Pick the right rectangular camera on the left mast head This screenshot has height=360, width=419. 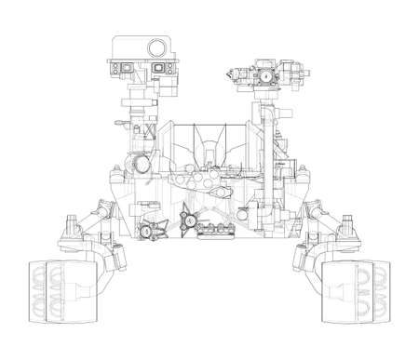(156, 68)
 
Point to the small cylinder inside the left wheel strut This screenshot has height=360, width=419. (118, 252)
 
